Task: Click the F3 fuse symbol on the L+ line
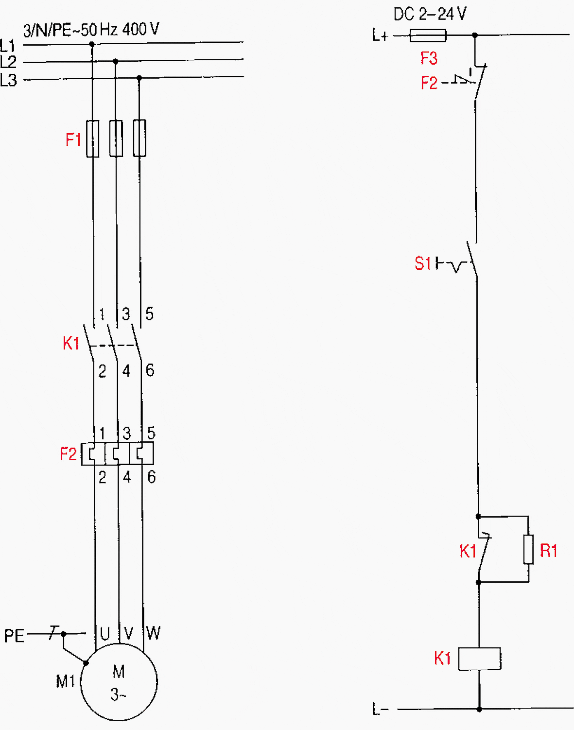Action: [x=428, y=35]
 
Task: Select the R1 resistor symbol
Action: [x=528, y=549]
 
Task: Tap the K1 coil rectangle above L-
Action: [x=480, y=659]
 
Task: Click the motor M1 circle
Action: [x=119, y=682]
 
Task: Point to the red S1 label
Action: [x=422, y=263]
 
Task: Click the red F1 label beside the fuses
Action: [x=73, y=140]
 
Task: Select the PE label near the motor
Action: [x=14, y=636]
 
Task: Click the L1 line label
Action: [x=8, y=46]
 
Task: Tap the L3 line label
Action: [x=8, y=80]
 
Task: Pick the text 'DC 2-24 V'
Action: [x=430, y=14]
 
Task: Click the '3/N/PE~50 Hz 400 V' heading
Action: [x=91, y=30]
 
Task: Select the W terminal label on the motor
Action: [x=153, y=633]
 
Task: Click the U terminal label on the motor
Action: [x=104, y=634]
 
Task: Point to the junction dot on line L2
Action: [x=115, y=61]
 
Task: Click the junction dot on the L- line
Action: [x=479, y=709]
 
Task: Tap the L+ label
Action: [x=380, y=35]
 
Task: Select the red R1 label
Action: [x=549, y=551]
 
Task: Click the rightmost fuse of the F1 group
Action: [x=139, y=139]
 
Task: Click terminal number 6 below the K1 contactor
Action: [x=150, y=370]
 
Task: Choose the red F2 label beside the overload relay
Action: [x=68, y=454]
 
